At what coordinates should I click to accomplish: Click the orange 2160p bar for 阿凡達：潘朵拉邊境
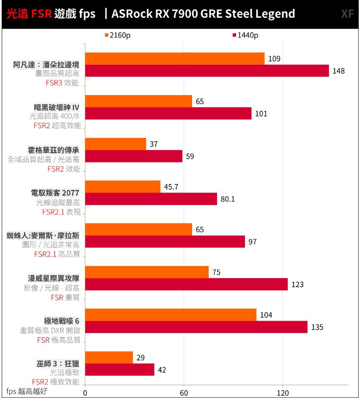click(x=175, y=58)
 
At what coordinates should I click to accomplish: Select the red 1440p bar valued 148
click(x=207, y=71)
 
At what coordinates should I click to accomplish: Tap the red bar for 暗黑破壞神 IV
click(x=168, y=113)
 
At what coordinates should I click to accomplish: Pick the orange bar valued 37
click(x=115, y=144)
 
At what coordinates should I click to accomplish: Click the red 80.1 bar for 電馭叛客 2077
click(x=151, y=199)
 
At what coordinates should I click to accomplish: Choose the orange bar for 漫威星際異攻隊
click(x=147, y=272)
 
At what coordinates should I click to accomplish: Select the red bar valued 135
click(x=196, y=327)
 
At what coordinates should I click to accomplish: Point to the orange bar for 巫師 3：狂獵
click(x=109, y=358)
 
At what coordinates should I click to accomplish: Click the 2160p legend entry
click(x=117, y=35)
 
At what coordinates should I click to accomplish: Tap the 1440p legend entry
click(x=245, y=35)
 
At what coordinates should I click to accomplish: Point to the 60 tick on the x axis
click(x=184, y=393)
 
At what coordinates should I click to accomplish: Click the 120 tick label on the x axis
click(x=283, y=393)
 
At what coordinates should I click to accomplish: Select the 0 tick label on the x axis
click(x=85, y=393)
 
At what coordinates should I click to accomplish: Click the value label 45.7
click(x=171, y=187)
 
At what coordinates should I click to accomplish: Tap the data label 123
click(x=297, y=284)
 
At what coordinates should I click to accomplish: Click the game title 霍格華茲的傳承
click(x=54, y=150)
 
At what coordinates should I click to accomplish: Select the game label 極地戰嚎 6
click(x=62, y=321)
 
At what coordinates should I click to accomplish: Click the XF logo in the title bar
click(x=347, y=14)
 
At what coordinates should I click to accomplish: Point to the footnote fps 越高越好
click(x=27, y=391)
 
